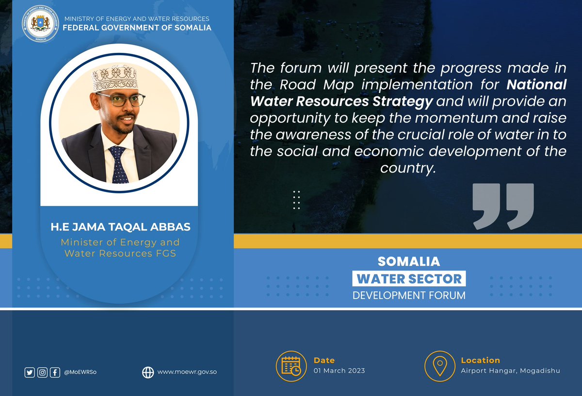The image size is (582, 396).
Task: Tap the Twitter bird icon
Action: (x=30, y=372)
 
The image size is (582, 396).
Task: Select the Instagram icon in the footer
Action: (x=42, y=372)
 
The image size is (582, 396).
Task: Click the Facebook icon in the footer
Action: (x=55, y=372)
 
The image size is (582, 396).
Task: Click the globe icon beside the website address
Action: (x=148, y=372)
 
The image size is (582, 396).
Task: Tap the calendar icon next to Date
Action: (x=291, y=366)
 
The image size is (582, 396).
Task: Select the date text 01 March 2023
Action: (x=339, y=371)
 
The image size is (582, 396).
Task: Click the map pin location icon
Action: (x=439, y=366)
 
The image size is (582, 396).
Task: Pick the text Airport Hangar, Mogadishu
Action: (x=510, y=371)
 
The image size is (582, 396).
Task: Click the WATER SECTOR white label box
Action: (x=409, y=279)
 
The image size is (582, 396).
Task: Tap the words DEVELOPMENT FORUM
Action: (x=409, y=295)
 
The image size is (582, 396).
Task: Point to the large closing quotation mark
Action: (x=503, y=206)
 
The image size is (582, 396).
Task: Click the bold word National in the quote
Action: (x=536, y=85)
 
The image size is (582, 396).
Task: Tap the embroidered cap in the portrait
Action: (x=115, y=79)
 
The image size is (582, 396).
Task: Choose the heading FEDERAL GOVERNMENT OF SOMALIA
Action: (x=137, y=28)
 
